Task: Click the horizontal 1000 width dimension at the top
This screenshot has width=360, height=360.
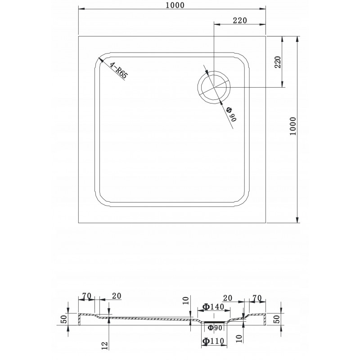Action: click(175, 5)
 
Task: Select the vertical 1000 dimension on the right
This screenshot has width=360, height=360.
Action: click(293, 126)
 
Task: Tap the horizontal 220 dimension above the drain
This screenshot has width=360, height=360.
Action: click(240, 20)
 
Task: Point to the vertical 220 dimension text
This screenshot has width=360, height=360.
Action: click(278, 62)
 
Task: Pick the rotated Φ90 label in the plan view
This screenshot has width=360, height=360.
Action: click(231, 114)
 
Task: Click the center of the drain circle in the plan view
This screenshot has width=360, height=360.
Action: click(214, 87)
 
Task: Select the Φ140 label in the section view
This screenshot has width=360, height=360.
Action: click(213, 307)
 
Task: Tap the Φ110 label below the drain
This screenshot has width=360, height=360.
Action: click(213, 341)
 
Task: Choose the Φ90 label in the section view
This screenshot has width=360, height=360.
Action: click(215, 328)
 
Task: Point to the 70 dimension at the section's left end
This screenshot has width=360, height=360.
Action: click(87, 296)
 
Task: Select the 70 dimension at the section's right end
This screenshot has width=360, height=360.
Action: click(257, 298)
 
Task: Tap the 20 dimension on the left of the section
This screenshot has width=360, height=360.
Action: click(117, 296)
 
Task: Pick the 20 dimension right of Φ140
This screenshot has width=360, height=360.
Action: click(228, 298)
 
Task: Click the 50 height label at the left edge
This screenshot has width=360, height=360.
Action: click(64, 319)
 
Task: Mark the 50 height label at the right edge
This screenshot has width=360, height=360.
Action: click(277, 319)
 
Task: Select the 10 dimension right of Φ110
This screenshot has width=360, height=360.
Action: click(239, 339)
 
